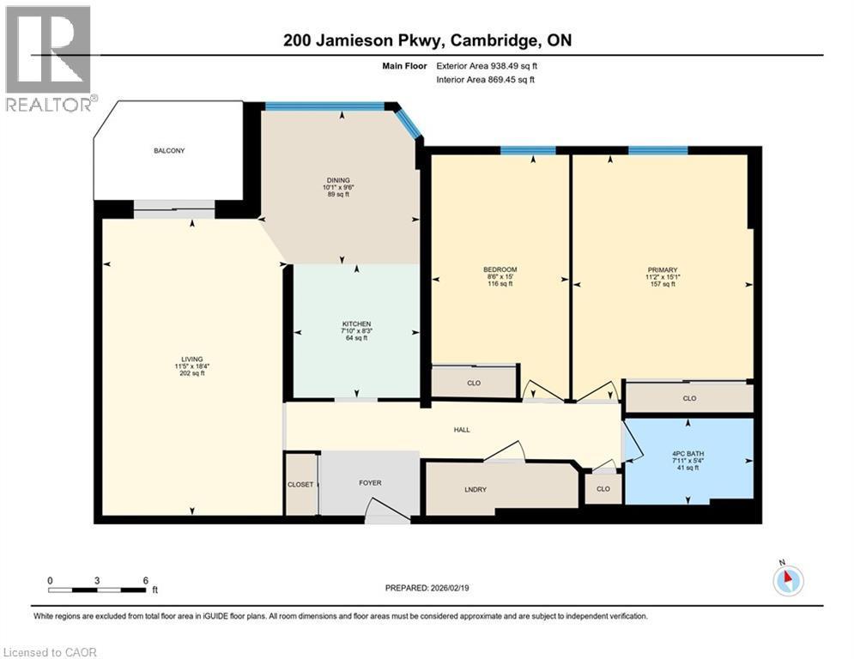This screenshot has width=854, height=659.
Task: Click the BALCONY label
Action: tap(169, 151)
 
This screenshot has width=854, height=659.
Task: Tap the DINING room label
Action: tap(337, 180)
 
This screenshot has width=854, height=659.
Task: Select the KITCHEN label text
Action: tap(356, 323)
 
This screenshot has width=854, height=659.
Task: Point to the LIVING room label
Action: tap(191, 359)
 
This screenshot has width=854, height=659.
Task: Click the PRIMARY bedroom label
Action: tap(663, 269)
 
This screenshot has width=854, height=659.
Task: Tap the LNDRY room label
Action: tap(475, 489)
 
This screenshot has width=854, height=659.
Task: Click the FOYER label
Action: tap(370, 483)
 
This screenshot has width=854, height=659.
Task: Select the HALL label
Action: tap(463, 430)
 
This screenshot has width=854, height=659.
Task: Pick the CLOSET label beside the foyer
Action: tap(300, 485)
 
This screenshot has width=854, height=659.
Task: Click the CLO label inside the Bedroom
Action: tap(473, 383)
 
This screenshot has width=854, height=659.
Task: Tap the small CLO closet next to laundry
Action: tap(603, 489)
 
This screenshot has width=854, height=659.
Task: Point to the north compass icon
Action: tap(787, 580)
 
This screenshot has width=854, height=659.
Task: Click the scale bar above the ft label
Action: tap(97, 589)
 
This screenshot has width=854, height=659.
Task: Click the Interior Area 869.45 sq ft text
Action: tap(485, 80)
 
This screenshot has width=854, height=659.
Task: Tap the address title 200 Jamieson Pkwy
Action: tap(427, 41)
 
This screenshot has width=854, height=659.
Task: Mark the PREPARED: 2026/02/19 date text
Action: tap(427, 588)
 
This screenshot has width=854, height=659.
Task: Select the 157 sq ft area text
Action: tap(663, 284)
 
